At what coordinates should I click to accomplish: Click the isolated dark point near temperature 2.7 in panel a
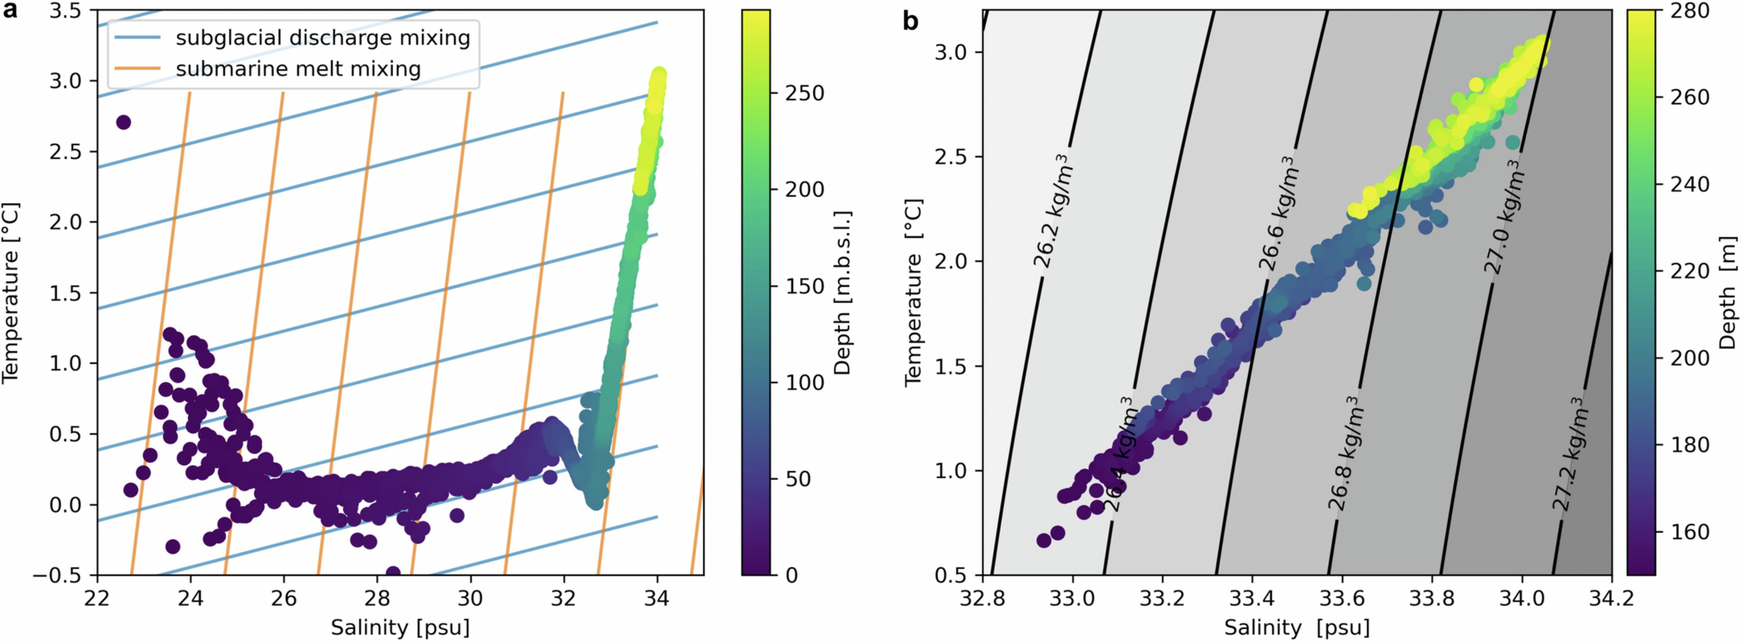coord(123,122)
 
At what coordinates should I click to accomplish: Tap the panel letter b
coord(911,22)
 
